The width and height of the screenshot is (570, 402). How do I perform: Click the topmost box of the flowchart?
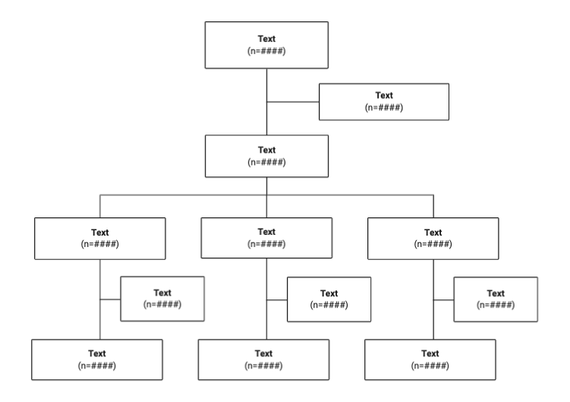point(266,45)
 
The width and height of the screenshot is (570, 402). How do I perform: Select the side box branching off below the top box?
point(384,101)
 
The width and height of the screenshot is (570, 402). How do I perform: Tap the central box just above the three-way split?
point(266,155)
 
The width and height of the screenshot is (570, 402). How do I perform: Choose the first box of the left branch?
point(99,238)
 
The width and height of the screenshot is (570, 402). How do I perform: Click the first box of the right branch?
point(433,238)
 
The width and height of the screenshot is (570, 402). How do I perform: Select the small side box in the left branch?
point(162,299)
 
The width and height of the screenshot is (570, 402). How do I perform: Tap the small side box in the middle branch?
point(329,299)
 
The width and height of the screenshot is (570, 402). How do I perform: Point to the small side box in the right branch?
point(496,299)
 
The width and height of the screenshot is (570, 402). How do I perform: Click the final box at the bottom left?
point(97,359)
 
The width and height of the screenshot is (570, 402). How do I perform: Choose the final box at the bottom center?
point(263,359)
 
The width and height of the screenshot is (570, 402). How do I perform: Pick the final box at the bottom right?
point(430,359)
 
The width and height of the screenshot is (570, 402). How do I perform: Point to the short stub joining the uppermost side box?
point(292,102)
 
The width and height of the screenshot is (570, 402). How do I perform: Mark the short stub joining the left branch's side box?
point(110,299)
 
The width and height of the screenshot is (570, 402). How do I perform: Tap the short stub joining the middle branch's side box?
point(276,299)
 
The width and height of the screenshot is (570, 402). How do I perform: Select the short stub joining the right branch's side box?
point(443,299)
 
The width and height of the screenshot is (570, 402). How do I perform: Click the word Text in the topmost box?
point(266,38)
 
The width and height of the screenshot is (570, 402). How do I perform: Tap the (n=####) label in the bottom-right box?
point(430,366)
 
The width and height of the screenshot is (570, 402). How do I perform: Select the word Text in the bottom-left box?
point(97,353)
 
